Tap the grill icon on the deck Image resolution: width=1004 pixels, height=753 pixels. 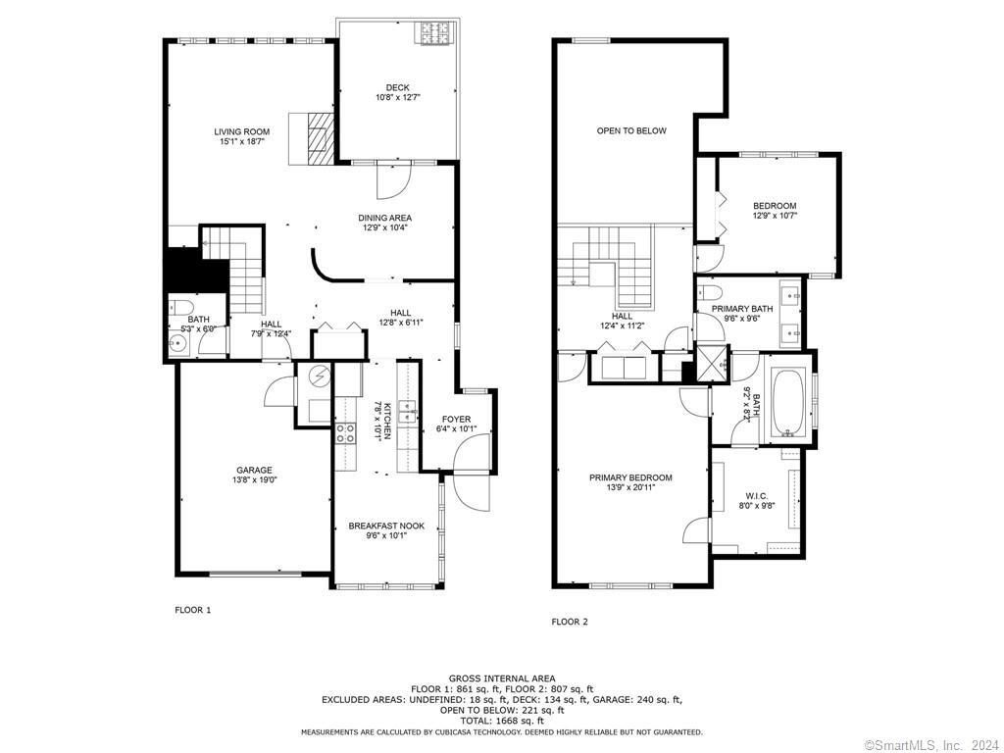tap(434, 34)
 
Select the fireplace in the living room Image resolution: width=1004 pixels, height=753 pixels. tap(317, 137)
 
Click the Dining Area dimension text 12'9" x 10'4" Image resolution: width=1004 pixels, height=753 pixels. tap(384, 228)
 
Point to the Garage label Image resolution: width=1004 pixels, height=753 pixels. tap(254, 470)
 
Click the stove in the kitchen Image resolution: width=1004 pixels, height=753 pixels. tap(346, 432)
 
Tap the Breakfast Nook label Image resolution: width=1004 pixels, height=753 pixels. tap(386, 527)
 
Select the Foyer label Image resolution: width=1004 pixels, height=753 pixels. tap(456, 419)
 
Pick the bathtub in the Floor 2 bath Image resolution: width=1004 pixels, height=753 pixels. tap(789, 403)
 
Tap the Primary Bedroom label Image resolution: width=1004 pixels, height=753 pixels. tap(630, 477)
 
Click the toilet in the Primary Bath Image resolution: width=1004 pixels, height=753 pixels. tap(714, 291)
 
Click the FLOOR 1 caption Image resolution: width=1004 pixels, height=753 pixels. tap(192, 610)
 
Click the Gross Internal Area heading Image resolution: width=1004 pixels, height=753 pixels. tap(502, 678)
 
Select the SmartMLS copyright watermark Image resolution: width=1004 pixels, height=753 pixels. tap(930, 742)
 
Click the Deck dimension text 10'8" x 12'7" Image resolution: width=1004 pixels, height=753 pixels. tap(397, 98)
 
